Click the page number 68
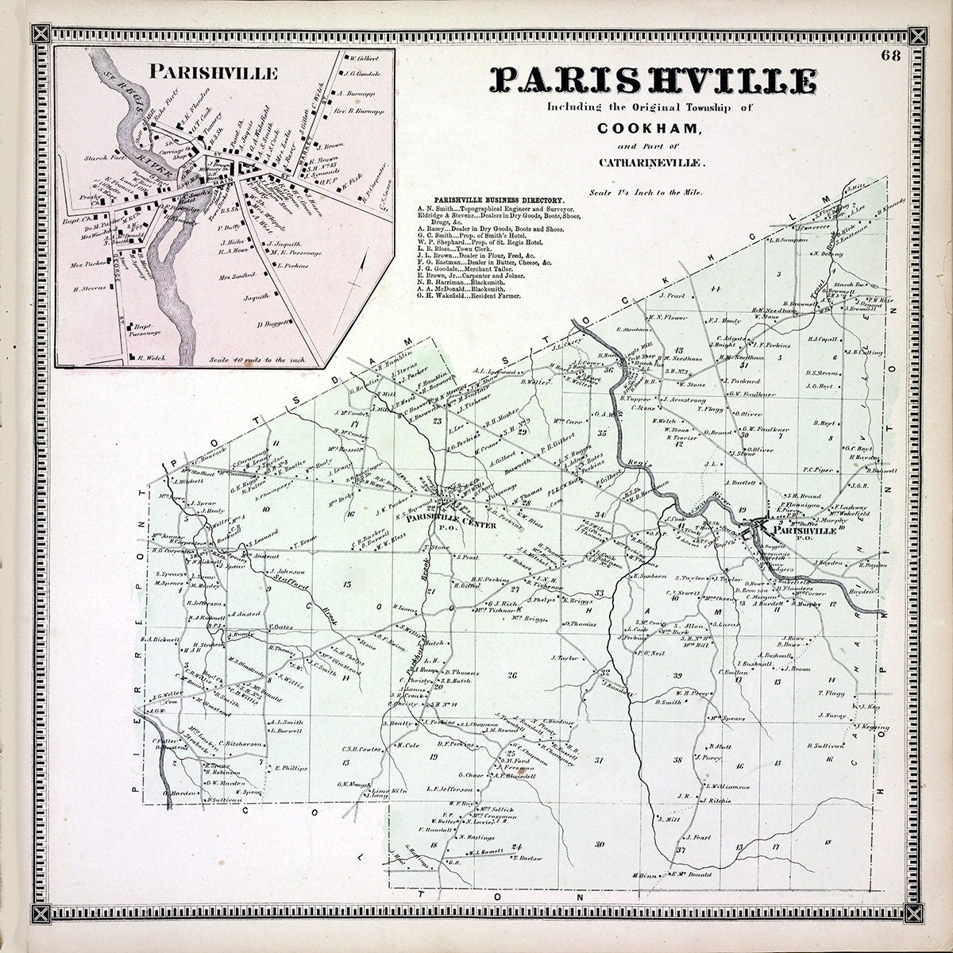point(889,55)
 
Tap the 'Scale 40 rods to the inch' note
point(262,359)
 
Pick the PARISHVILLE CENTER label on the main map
point(450,525)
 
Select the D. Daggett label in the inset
point(272,324)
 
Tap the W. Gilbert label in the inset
point(364,58)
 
